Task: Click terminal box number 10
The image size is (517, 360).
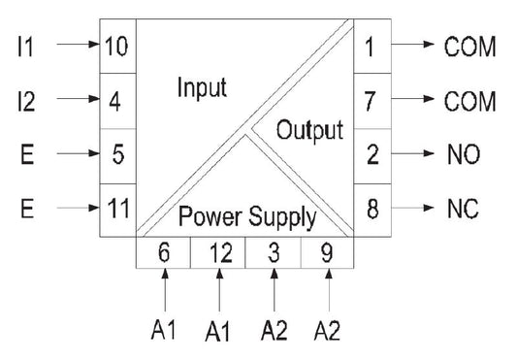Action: tap(115, 46)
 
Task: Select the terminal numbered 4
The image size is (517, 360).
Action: tap(115, 100)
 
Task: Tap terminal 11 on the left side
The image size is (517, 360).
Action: tap(115, 207)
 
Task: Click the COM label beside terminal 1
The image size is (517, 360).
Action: tap(469, 46)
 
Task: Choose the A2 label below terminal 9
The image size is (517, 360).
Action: tap(328, 332)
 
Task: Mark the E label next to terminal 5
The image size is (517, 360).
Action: tap(27, 153)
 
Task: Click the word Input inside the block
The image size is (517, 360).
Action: tap(201, 88)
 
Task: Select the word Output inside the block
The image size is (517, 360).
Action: tap(310, 129)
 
